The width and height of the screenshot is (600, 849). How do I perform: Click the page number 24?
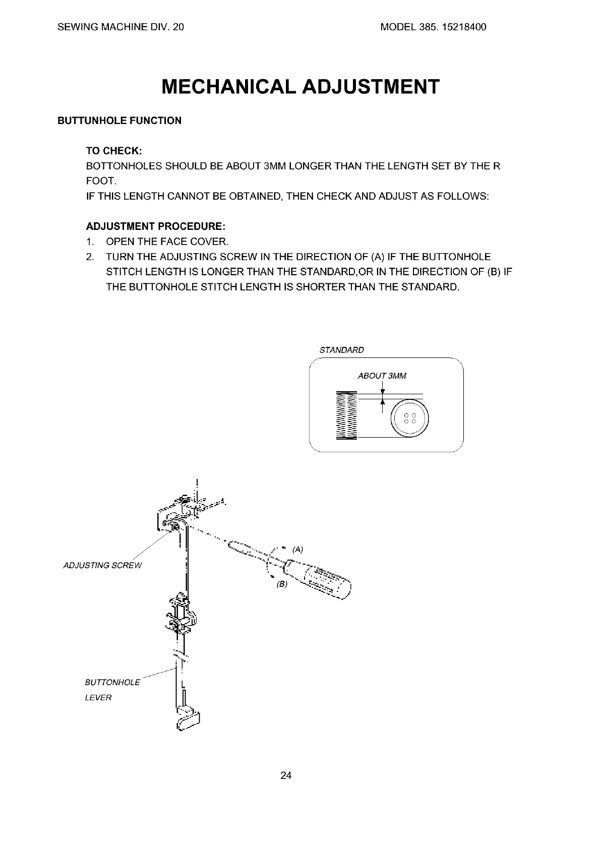[286, 775]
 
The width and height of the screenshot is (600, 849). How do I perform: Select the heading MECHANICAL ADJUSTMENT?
[301, 87]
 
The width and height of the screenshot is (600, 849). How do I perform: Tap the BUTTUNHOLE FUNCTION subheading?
[119, 121]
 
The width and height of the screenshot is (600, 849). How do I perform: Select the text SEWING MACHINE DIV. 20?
[121, 27]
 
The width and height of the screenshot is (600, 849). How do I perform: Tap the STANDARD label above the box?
[342, 350]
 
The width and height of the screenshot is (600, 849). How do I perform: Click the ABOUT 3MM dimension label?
[382, 376]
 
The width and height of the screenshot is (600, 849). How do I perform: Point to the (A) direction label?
[297, 549]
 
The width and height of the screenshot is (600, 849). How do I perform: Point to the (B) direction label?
[281, 584]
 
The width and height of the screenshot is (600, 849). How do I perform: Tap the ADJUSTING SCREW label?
[103, 565]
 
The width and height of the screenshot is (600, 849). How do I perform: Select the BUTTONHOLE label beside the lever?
[112, 683]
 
